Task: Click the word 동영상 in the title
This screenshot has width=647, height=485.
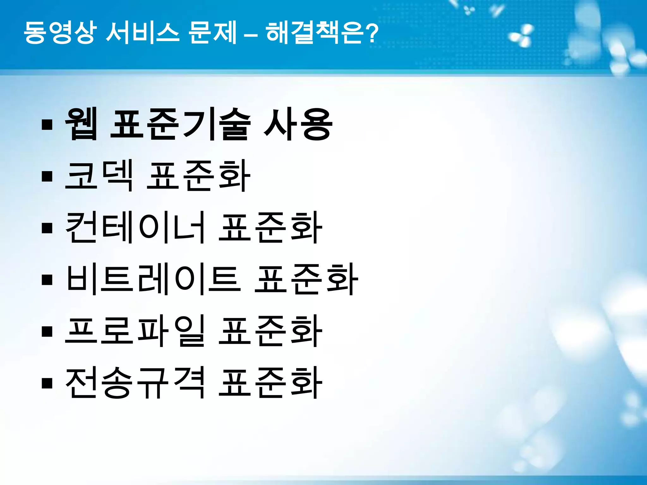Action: pyautogui.click(x=59, y=33)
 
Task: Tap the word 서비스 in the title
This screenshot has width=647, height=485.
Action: pyautogui.click(x=142, y=33)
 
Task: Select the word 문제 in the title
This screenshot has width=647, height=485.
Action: pyautogui.click(x=212, y=33)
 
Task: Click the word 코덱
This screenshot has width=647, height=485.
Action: pyautogui.click(x=99, y=176)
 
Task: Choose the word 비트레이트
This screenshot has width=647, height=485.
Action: pyautogui.click(x=153, y=280)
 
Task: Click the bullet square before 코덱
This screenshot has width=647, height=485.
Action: pyautogui.click(x=47, y=176)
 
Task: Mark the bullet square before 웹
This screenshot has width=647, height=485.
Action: pyautogui.click(x=47, y=124)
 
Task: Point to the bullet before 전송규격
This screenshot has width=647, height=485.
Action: pyautogui.click(x=47, y=383)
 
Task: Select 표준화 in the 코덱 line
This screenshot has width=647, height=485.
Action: pyautogui.click(x=198, y=176)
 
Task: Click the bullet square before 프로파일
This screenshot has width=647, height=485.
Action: pyautogui.click(x=47, y=332)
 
